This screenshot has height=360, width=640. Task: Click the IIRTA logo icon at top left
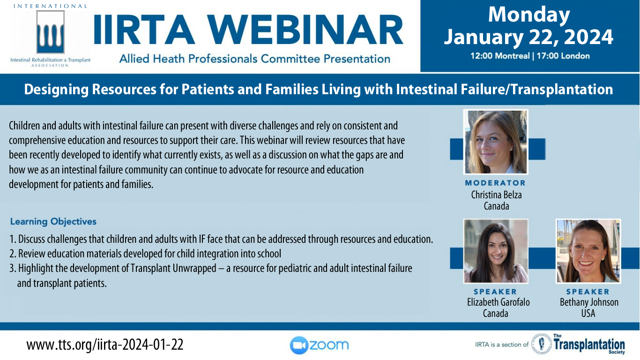point(50,32)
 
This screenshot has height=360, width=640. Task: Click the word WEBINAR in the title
point(306,30)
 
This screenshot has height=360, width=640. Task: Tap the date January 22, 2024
point(528,37)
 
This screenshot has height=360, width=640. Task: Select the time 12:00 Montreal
point(500,56)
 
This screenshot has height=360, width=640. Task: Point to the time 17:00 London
point(563,56)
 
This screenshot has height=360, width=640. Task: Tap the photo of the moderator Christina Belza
point(496,142)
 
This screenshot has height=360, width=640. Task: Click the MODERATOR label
point(495,183)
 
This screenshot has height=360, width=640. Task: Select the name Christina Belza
point(496,195)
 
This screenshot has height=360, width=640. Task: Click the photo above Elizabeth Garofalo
point(496,251)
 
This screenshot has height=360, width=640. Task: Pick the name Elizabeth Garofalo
point(499,302)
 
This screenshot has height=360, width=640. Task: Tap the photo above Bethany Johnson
point(588,251)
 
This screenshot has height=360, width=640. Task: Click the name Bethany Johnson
point(589,302)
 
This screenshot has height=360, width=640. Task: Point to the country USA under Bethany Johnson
point(588,314)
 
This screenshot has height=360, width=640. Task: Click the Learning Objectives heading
point(53,222)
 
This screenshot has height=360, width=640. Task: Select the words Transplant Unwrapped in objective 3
point(173,269)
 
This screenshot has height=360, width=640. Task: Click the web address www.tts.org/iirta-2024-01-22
point(105,345)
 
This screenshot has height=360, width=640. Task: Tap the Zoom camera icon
point(299,345)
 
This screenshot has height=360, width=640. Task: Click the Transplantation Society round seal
point(541,344)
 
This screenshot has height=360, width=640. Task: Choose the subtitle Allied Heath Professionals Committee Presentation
point(254,59)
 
